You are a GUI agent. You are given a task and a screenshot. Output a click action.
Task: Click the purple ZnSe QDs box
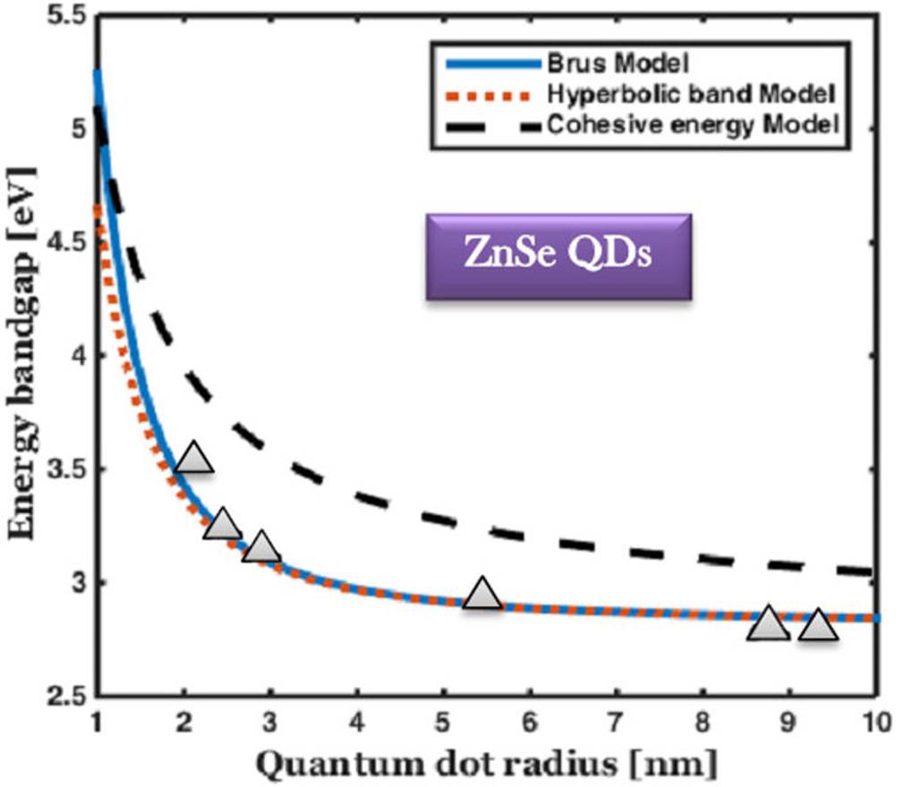pyautogui.click(x=558, y=257)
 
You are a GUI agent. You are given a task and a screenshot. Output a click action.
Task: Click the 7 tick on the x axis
pyautogui.click(x=616, y=721)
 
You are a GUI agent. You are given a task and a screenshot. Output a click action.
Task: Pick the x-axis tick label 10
pyautogui.click(x=875, y=721)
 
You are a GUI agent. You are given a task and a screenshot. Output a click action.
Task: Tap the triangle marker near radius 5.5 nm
pyautogui.click(x=482, y=593)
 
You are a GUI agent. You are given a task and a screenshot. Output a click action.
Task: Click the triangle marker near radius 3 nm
pyautogui.click(x=261, y=546)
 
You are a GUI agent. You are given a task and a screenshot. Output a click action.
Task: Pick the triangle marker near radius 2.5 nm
pyautogui.click(x=223, y=524)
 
